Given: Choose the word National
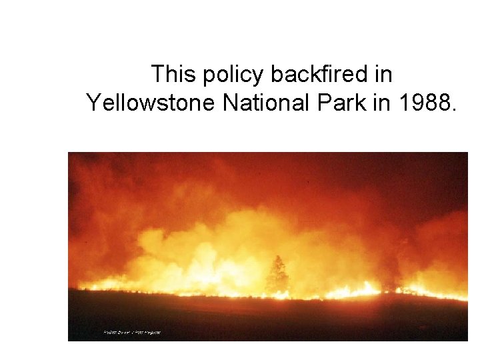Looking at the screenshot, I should (x=254, y=103).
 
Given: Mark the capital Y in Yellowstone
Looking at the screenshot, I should (x=93, y=103).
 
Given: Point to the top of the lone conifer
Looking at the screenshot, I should (x=277, y=256).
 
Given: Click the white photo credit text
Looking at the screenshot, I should (x=132, y=331).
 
